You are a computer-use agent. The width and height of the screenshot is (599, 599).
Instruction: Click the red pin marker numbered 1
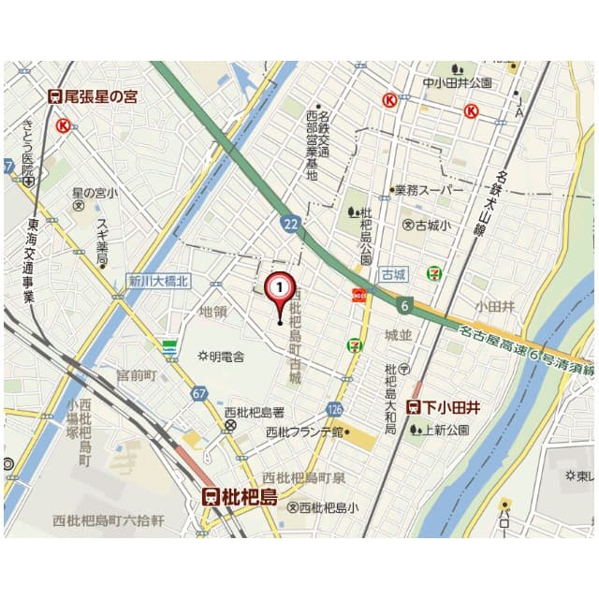coord(280,286)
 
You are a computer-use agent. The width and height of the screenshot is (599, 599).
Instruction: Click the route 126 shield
coord(335,409)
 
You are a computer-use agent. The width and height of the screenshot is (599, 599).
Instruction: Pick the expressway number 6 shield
coord(403,304)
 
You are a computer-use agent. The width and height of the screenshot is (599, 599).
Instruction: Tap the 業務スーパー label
coord(427,190)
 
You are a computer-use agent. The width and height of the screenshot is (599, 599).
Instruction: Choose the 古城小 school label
coord(427,225)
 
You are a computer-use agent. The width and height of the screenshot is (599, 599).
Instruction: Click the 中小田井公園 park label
coord(457,83)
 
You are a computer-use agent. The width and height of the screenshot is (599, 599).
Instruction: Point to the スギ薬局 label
coord(102,241)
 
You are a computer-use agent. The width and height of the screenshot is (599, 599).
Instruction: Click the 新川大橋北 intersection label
coord(158,280)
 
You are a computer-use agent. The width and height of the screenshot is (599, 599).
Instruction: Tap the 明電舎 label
coord(221,357)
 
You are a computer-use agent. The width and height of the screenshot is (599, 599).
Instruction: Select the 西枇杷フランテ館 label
coord(305,431)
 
